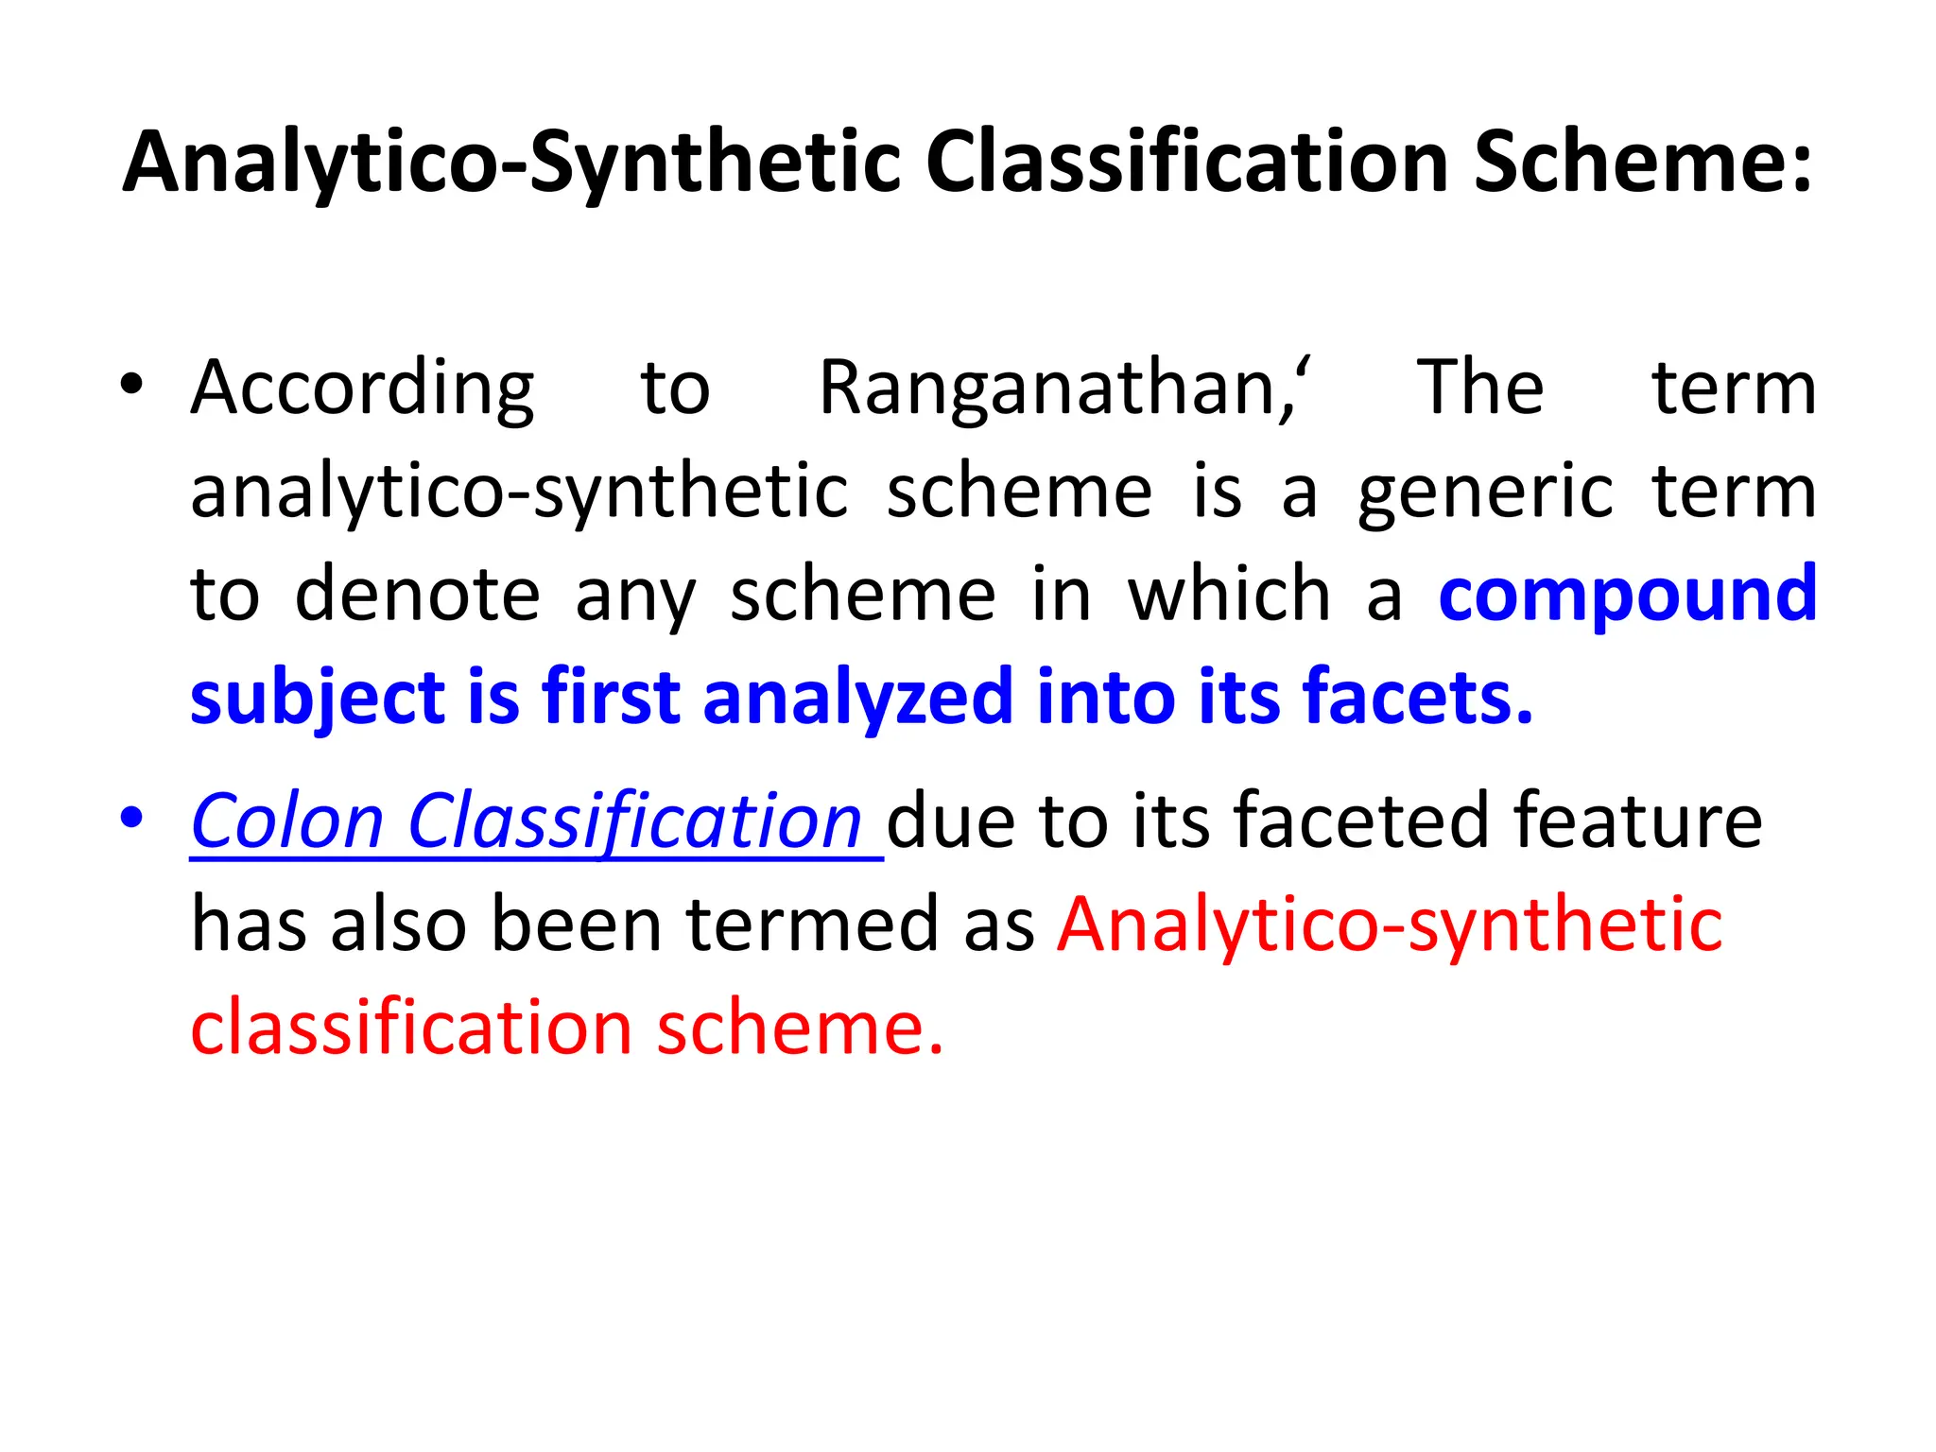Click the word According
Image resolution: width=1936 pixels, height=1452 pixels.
(362, 389)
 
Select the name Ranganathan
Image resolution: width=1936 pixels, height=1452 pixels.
(1053, 389)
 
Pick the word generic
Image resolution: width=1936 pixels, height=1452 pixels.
(1485, 493)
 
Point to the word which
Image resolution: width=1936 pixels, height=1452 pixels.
(1229, 595)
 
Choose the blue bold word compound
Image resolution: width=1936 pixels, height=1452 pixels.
(1627, 596)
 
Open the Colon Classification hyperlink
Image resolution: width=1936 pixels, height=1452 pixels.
(526, 821)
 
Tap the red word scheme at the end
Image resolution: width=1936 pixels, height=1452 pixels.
(800, 1028)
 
